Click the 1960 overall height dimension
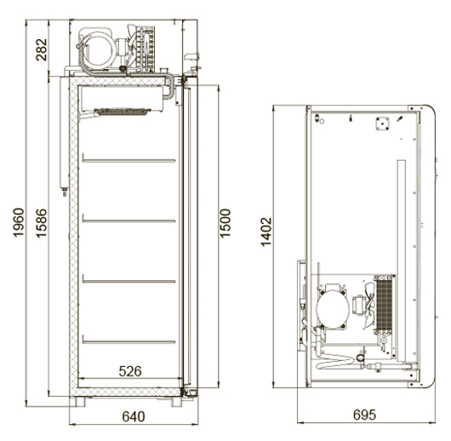(19, 222)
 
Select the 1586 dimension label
(42, 223)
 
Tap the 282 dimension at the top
(42, 49)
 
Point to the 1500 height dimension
(225, 223)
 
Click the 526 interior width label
(130, 371)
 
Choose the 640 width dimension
(134, 416)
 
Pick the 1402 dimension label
(266, 232)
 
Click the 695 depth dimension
(364, 415)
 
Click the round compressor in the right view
(333, 309)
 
